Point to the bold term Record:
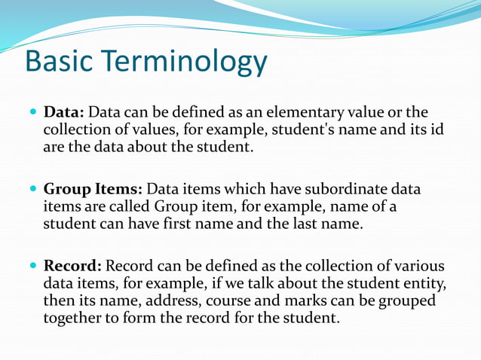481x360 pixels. coord(74,266)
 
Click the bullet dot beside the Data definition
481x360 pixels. coord(32,114)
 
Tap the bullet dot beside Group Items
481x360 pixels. coord(32,189)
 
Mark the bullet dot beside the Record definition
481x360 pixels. coord(32,266)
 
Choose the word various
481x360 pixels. coord(418,266)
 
